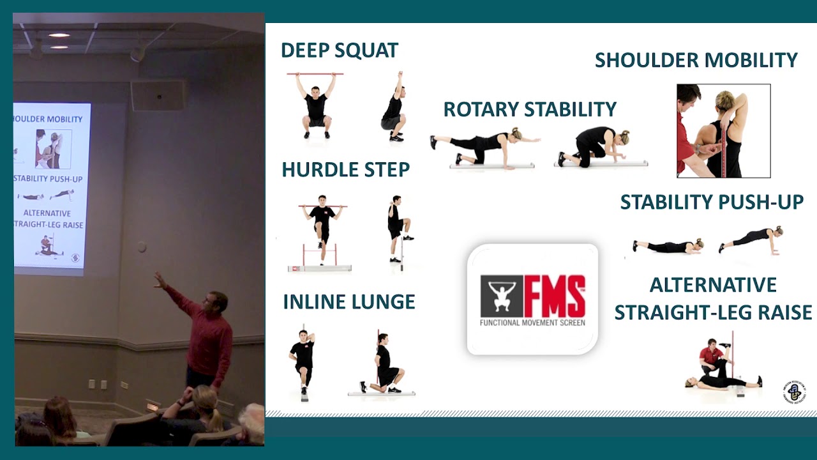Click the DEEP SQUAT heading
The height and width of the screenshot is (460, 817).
(339, 50)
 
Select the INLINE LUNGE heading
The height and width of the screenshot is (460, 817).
(349, 302)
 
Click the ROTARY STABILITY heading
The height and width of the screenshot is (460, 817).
(530, 109)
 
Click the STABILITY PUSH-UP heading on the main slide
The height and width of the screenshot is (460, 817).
(712, 203)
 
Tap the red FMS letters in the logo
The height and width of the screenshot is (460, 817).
(554, 296)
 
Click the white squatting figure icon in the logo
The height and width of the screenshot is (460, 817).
(501, 296)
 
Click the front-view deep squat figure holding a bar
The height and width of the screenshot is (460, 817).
(317, 105)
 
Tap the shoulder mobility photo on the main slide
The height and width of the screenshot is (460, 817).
(723, 131)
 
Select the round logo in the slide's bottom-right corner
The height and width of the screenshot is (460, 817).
(795, 392)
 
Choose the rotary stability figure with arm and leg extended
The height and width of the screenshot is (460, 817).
(485, 145)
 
